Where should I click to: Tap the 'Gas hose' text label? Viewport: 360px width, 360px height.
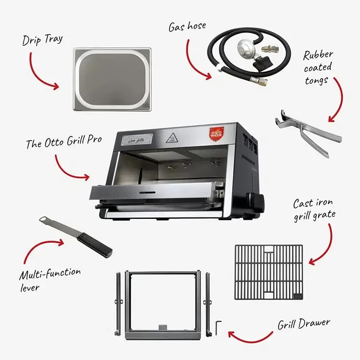tap(187, 26)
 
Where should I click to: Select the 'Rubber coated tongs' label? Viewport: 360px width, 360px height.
tap(318, 67)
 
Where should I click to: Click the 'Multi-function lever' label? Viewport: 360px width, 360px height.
tap(50, 280)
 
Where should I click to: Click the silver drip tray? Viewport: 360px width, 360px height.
tap(112, 80)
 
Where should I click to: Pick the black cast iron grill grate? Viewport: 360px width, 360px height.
tap(268, 271)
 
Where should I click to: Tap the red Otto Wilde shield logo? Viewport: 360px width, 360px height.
tap(216, 133)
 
